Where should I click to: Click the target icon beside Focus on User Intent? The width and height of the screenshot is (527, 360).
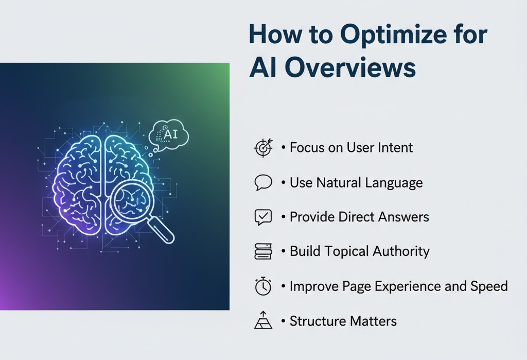(x=263, y=148)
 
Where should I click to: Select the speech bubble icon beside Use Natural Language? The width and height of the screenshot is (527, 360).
(x=263, y=183)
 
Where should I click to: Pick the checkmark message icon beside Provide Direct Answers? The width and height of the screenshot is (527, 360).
(x=263, y=217)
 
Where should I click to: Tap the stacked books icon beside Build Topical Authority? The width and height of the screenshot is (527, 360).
(x=263, y=252)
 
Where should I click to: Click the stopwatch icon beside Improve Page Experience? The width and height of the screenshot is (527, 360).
(x=263, y=286)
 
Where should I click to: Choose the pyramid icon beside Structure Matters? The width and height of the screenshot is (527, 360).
(x=263, y=321)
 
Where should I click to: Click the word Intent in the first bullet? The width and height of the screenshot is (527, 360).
(x=394, y=148)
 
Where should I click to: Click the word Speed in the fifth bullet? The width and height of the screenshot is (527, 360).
(x=489, y=286)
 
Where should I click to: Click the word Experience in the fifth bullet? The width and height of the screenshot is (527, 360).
(x=393, y=286)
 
